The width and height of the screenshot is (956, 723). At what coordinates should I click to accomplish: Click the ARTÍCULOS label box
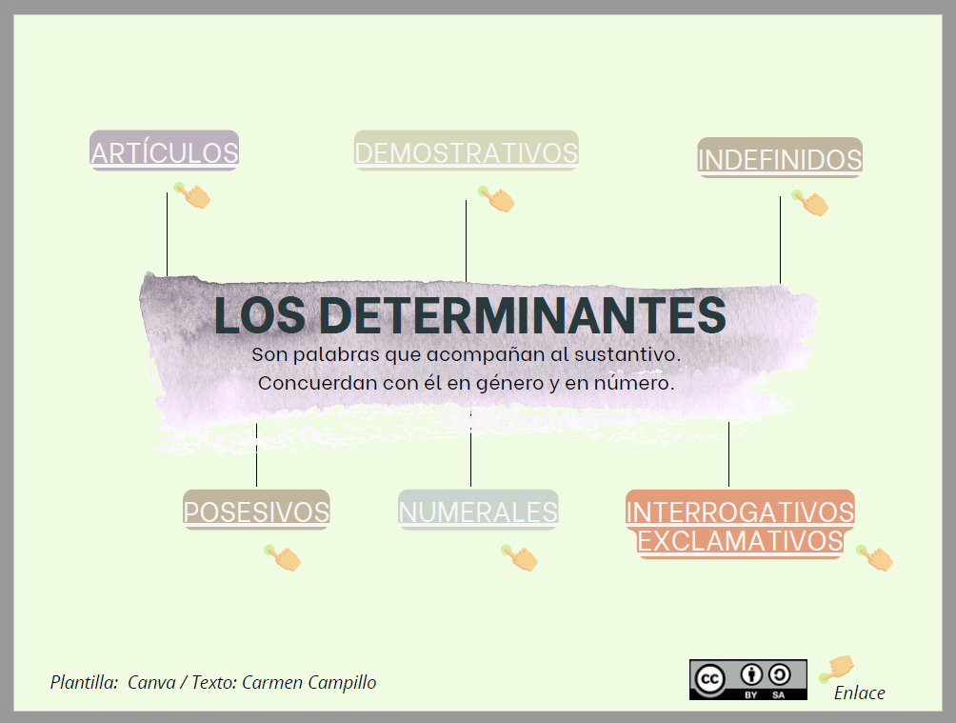[x=164, y=151]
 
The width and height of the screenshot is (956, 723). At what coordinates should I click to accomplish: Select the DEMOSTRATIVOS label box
[x=466, y=151]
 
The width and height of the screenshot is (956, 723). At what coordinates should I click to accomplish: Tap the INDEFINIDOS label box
[x=780, y=159]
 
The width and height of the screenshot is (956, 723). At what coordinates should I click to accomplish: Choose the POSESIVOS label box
[x=256, y=511]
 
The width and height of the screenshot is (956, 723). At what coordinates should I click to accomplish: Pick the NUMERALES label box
[x=478, y=511]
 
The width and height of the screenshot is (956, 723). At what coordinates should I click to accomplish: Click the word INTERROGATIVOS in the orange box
[x=740, y=511]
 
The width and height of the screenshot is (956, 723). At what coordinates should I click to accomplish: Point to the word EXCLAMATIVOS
[x=740, y=541]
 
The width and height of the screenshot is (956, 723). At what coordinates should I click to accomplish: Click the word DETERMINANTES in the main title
[x=518, y=315]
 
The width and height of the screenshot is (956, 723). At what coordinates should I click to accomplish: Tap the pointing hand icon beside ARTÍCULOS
[x=194, y=196]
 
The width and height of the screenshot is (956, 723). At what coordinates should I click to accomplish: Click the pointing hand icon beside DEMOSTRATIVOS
[x=498, y=199]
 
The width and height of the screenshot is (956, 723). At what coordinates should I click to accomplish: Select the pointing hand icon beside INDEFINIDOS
[x=812, y=203]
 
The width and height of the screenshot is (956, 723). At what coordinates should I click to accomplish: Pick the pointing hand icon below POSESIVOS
[x=284, y=558]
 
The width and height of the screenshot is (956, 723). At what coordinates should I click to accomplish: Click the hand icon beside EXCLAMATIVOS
[x=876, y=557]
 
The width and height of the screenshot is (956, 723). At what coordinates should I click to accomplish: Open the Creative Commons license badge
[x=747, y=679]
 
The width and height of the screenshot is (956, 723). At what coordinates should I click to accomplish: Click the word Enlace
[x=859, y=693]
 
